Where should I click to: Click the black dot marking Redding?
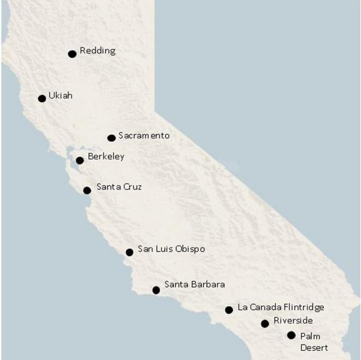tap(72, 54)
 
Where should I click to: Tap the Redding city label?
tap(97, 51)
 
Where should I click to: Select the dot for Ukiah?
tap(42, 99)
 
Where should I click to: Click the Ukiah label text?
tap(60, 96)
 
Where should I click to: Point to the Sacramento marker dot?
tap(112, 138)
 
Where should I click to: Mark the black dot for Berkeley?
tap(80, 160)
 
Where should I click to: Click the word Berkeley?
tap(106, 157)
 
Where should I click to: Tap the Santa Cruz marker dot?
tap(87, 190)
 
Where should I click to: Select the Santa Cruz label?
tap(119, 187)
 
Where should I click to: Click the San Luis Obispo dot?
tap(130, 252)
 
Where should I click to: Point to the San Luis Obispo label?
tap(171, 249)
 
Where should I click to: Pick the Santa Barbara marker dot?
tap(156, 290)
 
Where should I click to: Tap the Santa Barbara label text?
tap(195, 284)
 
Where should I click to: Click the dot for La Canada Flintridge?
tap(229, 310)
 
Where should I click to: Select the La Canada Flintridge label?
tap(281, 307)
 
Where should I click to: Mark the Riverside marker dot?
tap(265, 323)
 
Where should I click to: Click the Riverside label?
tap(293, 320)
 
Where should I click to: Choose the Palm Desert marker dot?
tap(291, 335)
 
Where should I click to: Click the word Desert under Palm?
tap(314, 348)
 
